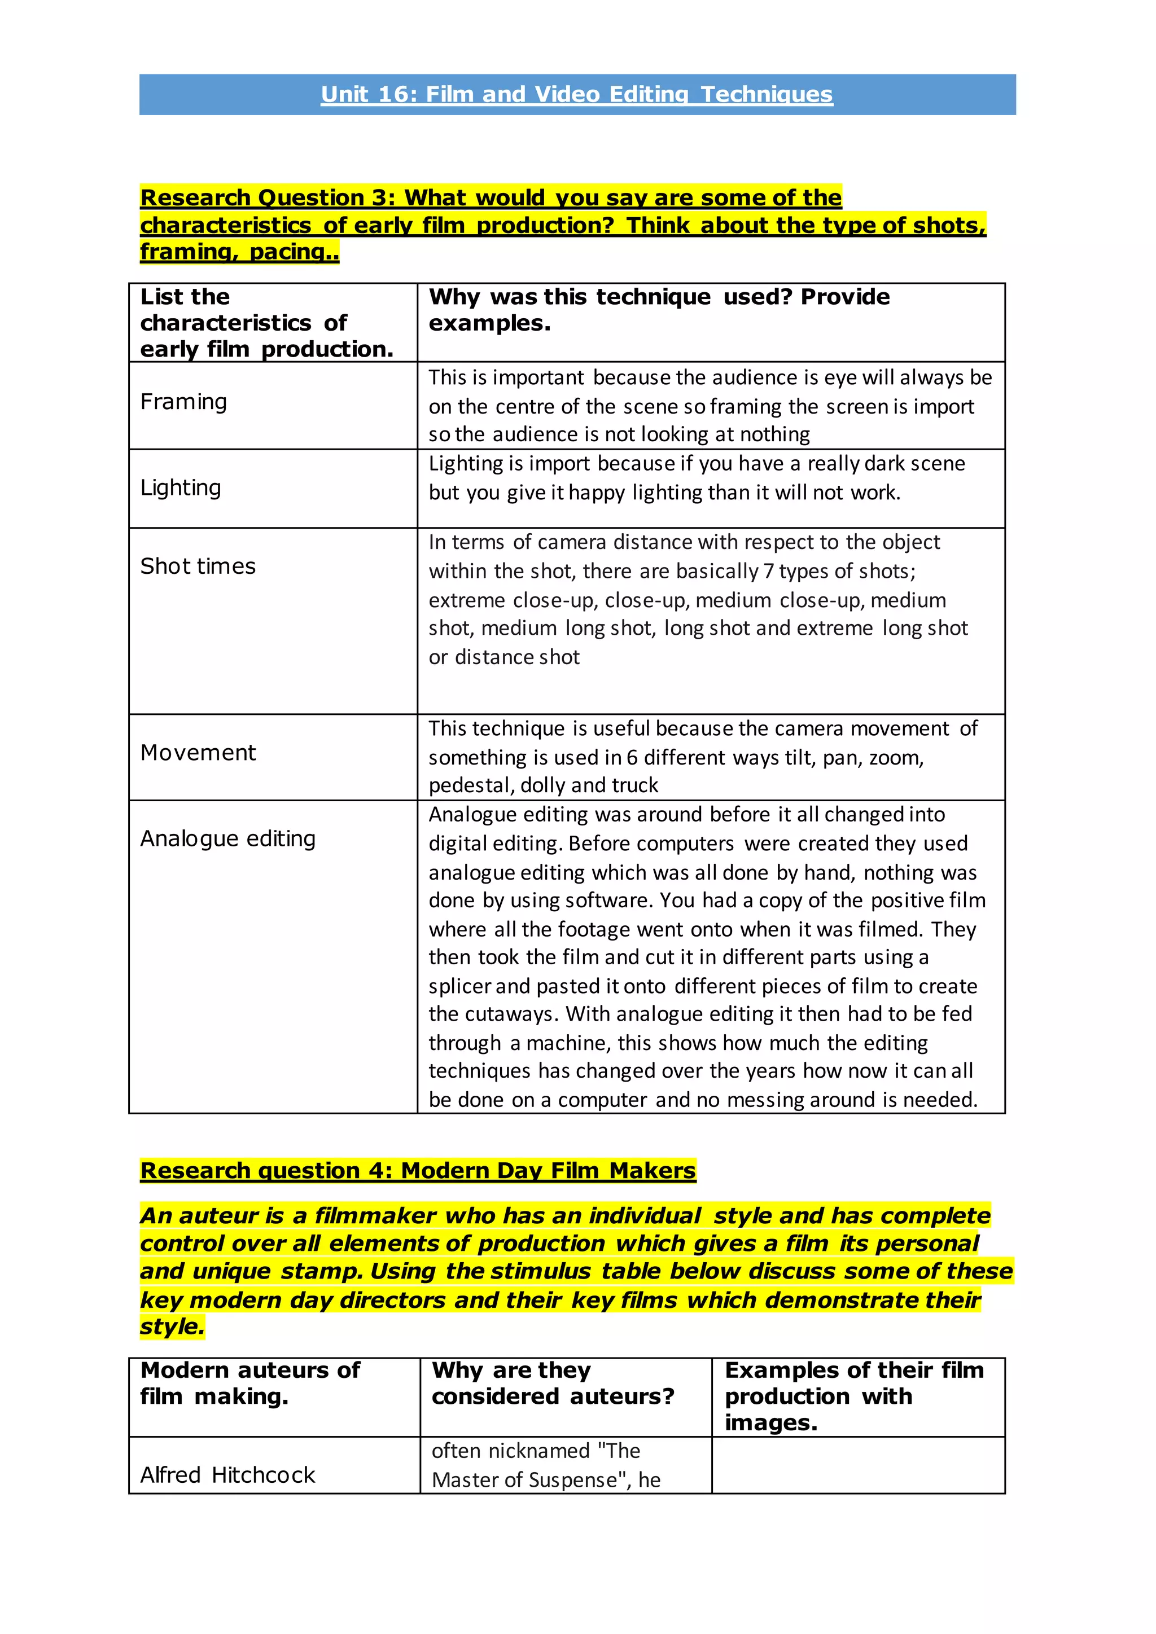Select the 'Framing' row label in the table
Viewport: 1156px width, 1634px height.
click(183, 402)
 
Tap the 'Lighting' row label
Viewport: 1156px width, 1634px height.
click(181, 487)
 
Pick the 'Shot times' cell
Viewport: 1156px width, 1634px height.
click(198, 566)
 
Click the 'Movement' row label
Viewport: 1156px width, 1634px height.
click(198, 753)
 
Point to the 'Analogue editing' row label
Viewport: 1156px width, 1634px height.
click(228, 839)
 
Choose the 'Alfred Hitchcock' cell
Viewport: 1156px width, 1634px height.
click(228, 1475)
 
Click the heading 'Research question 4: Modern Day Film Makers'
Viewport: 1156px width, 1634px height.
click(418, 1171)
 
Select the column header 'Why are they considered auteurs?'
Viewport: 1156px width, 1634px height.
click(553, 1383)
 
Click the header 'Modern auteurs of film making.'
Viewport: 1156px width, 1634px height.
click(250, 1383)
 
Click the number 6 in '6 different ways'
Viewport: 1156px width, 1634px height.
click(632, 758)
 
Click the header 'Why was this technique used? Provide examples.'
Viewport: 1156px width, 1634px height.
click(659, 310)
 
